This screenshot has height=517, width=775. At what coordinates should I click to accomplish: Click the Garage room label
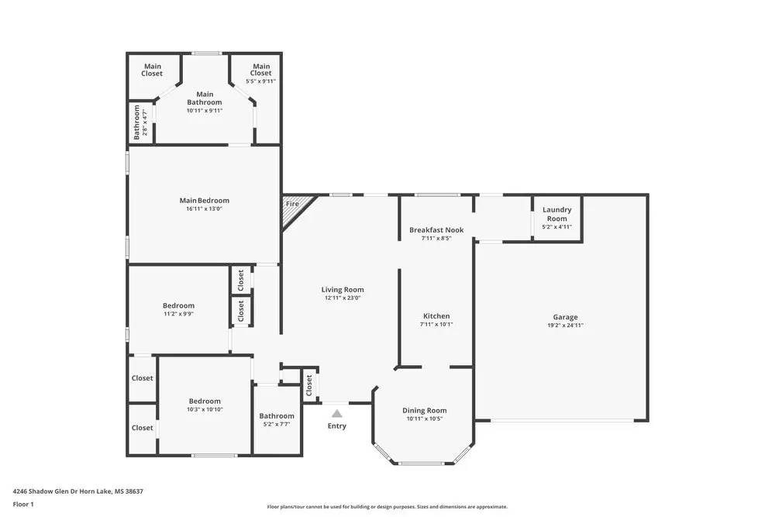tap(565, 317)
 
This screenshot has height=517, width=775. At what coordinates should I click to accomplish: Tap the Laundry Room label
tap(556, 214)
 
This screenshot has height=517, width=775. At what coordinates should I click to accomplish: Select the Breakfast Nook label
tap(436, 229)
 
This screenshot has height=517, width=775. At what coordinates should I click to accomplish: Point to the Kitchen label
tap(436, 316)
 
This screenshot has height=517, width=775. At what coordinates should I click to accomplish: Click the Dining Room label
tap(424, 411)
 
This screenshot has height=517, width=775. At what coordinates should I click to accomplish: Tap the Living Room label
tap(342, 290)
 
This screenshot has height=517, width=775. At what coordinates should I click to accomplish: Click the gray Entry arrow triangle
tap(336, 414)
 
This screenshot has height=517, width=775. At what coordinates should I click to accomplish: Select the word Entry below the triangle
tap(336, 426)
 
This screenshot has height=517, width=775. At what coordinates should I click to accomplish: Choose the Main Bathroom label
tap(204, 98)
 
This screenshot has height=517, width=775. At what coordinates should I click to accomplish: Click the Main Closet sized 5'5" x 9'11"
tap(260, 74)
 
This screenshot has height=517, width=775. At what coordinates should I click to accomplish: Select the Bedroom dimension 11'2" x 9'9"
tap(178, 314)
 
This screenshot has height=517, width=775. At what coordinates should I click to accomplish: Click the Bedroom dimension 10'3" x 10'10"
tap(205, 409)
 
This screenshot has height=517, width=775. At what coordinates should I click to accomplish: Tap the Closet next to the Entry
tap(309, 384)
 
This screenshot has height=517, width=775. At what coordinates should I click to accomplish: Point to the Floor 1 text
tap(23, 504)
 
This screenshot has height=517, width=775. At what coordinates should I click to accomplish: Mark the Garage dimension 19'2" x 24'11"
tap(565, 326)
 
